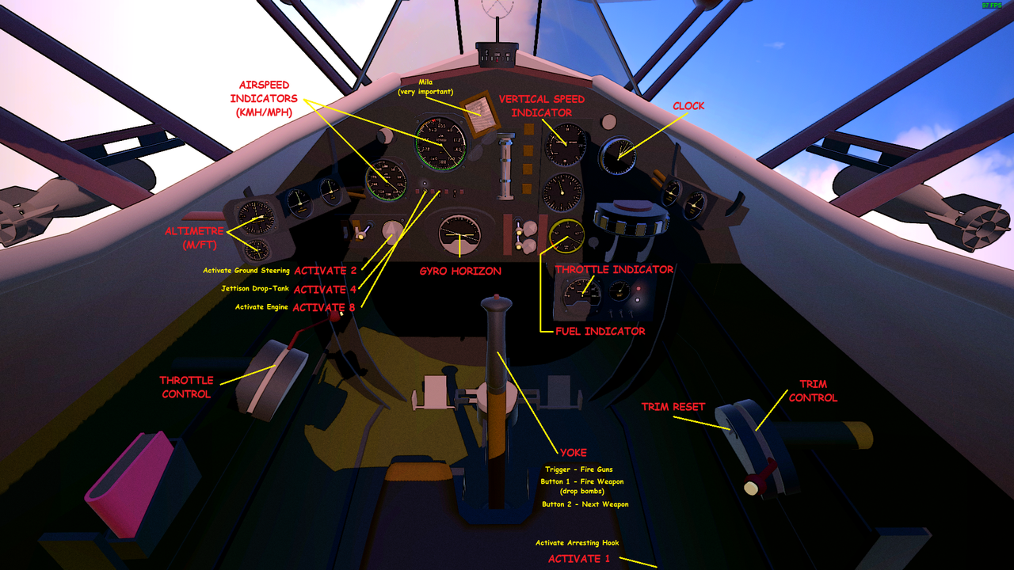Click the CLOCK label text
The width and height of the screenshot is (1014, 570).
click(688, 106)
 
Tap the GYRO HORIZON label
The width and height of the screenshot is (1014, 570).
click(460, 271)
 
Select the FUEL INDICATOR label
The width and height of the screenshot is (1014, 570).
click(600, 331)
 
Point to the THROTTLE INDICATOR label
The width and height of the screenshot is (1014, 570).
click(614, 269)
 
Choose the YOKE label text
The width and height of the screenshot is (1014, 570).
click(573, 453)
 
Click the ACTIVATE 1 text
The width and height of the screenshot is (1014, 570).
click(579, 559)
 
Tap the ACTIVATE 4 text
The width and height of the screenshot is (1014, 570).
click(325, 289)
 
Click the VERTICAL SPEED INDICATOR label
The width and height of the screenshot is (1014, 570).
click(542, 106)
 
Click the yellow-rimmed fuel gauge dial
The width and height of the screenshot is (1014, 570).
click(566, 235)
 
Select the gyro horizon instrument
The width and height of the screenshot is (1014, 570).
click(459, 235)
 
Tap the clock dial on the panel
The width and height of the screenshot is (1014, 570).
click(617, 155)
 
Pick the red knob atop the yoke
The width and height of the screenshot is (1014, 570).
click(496, 302)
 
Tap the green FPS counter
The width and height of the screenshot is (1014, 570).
click(991, 6)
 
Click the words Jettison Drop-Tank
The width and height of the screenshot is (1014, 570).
click(255, 289)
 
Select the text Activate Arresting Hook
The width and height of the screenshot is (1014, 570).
click(577, 543)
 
